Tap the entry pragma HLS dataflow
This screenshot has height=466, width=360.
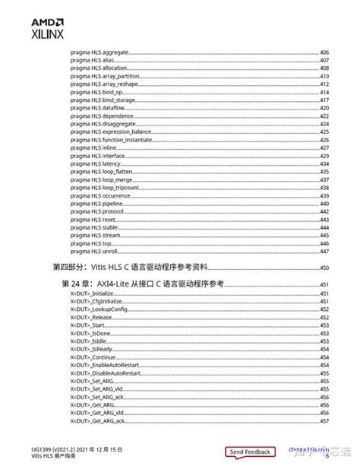click(x=95, y=108)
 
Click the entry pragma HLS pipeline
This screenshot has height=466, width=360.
click(x=94, y=204)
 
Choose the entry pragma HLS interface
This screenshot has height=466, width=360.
click(x=95, y=156)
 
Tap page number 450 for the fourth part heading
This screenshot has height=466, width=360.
click(x=324, y=268)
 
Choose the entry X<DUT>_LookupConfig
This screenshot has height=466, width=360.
click(x=98, y=309)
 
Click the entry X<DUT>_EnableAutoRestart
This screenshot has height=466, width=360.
click(x=106, y=365)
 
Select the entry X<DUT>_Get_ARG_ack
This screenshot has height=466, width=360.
click(x=97, y=420)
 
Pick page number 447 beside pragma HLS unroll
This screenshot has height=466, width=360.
click(x=324, y=251)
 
